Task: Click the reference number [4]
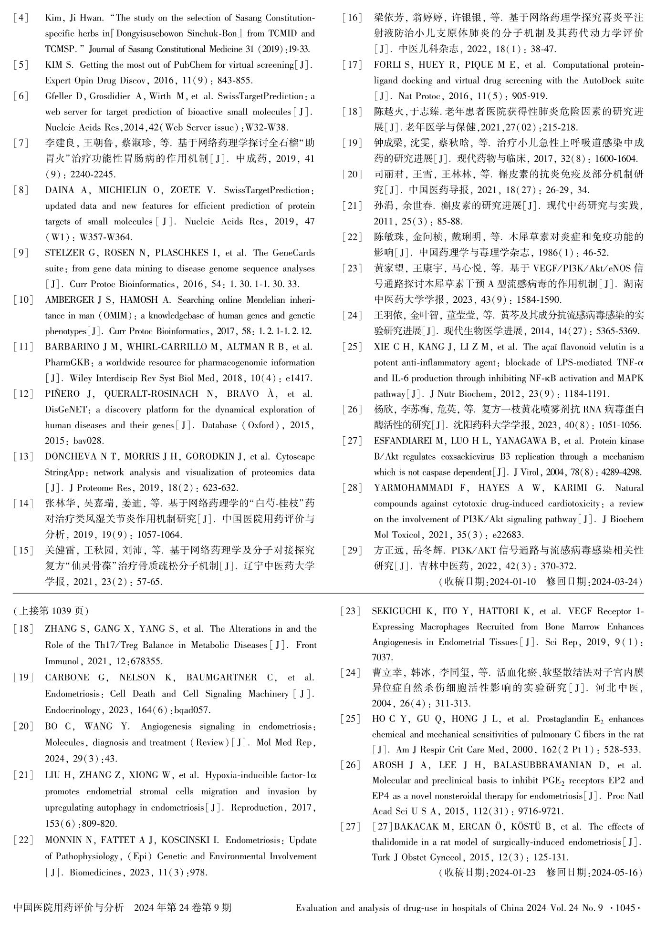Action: pyautogui.click(x=21, y=18)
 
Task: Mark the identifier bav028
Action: pyautogui.click(x=88, y=441)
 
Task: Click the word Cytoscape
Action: pyautogui.click(x=295, y=456)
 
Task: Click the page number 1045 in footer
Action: pyautogui.click(x=625, y=908)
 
